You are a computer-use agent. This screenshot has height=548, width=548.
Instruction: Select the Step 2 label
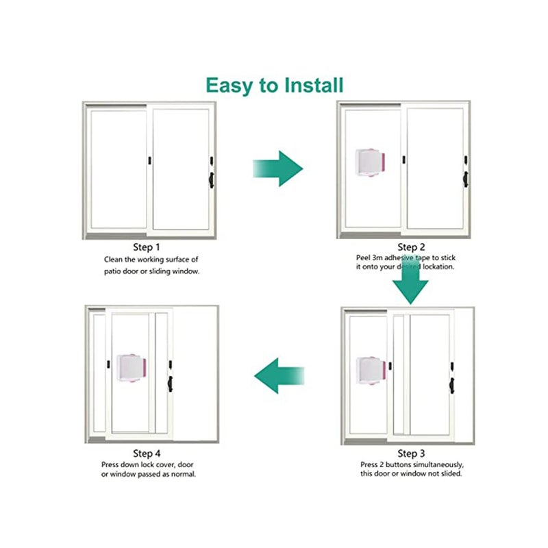(412, 247)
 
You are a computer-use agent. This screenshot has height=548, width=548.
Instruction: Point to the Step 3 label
(412, 453)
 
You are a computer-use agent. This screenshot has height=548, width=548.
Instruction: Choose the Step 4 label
(147, 453)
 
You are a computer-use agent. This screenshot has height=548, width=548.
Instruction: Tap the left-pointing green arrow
(279, 375)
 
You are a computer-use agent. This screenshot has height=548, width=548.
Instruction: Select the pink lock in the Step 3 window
(373, 371)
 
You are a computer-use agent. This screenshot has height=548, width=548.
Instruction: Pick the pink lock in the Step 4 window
(132, 369)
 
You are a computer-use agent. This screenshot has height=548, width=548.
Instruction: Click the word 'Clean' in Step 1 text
(114, 260)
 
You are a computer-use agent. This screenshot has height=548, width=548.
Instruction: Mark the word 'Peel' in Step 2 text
(364, 258)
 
